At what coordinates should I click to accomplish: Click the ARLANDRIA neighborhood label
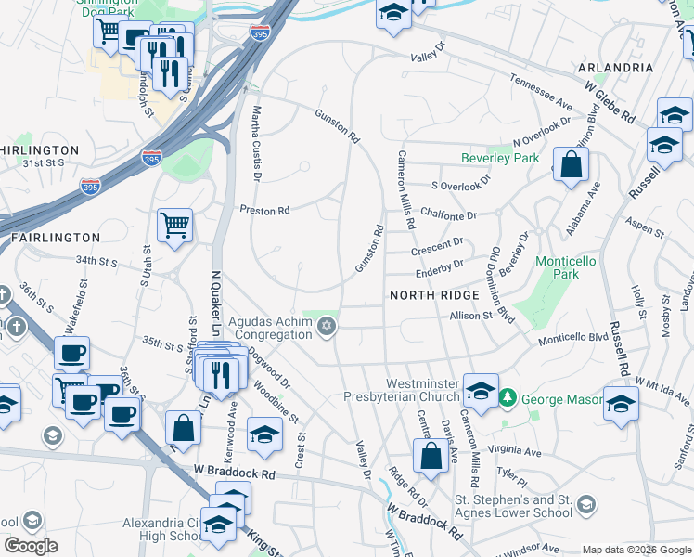tap(615, 68)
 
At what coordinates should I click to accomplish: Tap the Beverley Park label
tap(501, 159)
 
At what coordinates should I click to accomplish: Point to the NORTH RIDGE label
tap(434, 295)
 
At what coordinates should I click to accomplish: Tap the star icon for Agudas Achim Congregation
tap(326, 326)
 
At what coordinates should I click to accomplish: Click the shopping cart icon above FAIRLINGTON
tap(174, 226)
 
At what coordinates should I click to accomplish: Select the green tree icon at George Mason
tap(507, 399)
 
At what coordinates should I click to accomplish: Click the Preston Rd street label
tap(265, 211)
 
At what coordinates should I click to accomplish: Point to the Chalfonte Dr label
tap(447, 215)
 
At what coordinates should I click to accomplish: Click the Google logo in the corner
tap(31, 546)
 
